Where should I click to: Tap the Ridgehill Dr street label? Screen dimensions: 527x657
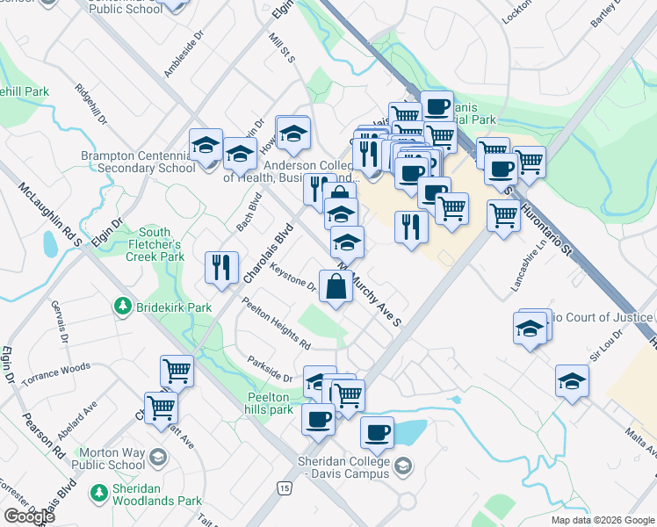point(90,103)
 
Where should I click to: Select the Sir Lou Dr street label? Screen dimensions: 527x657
point(606,345)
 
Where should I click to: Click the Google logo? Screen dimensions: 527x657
point(30,516)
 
